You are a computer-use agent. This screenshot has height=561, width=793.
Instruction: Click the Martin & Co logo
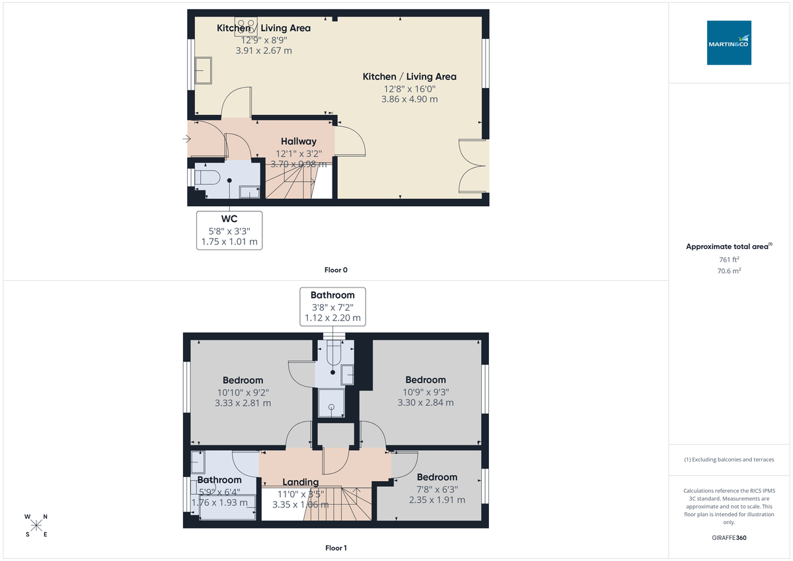click(x=729, y=42)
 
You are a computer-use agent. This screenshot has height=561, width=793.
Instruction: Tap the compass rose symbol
click(x=36, y=525)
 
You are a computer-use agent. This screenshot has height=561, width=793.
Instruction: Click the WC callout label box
click(x=230, y=231)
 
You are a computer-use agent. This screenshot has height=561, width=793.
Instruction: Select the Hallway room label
click(x=298, y=141)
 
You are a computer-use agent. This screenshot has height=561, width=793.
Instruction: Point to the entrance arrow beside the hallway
click(x=187, y=139)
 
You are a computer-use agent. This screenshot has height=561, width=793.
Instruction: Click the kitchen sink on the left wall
click(x=203, y=70)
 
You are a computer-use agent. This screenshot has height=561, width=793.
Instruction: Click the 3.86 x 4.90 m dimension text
click(x=409, y=99)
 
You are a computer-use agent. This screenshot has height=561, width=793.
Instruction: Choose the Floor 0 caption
click(x=336, y=270)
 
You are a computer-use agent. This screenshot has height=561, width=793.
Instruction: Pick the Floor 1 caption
click(x=336, y=548)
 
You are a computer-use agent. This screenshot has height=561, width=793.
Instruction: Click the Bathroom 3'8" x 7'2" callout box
click(x=332, y=307)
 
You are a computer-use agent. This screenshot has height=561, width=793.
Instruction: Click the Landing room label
click(x=301, y=482)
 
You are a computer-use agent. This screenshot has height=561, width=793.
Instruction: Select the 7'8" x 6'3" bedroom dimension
click(x=436, y=489)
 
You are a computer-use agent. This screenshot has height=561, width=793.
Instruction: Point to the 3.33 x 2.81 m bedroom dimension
click(x=243, y=402)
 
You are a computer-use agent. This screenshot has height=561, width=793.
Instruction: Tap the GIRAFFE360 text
click(x=729, y=538)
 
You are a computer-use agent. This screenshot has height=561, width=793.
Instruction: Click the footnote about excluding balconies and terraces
click(x=729, y=459)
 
